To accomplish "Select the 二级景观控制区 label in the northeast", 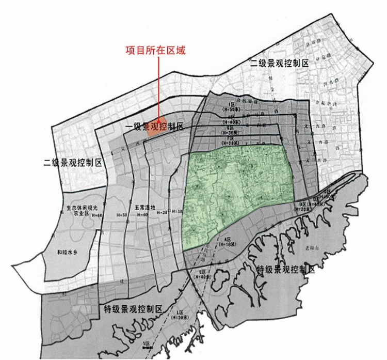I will point(279,63).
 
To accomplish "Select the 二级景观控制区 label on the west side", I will point(73,163).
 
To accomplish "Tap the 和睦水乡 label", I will point(68,253).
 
